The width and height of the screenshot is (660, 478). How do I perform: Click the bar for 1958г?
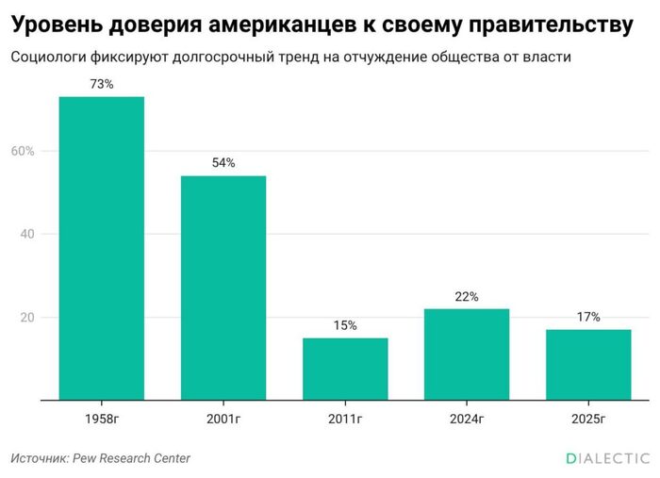point(102,249)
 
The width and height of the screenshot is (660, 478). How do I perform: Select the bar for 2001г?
point(223,288)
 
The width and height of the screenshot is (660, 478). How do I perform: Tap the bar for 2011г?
point(345,369)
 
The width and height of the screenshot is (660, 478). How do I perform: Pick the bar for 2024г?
point(467,354)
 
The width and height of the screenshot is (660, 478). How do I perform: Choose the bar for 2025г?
point(588,365)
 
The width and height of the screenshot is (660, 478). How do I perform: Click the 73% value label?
point(102,85)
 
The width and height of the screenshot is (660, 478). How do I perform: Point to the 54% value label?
point(223,163)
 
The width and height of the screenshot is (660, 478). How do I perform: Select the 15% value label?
point(345,325)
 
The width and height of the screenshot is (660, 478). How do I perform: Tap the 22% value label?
point(467,296)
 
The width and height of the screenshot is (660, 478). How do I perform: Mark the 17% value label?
point(588,317)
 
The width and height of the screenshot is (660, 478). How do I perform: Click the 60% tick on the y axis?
point(23,151)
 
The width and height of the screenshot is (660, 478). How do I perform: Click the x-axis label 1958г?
point(102,418)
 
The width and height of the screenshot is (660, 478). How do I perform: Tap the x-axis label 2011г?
point(345,418)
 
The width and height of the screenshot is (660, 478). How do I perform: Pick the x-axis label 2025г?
point(588,418)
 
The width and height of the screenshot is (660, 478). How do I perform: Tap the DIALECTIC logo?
point(608,458)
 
